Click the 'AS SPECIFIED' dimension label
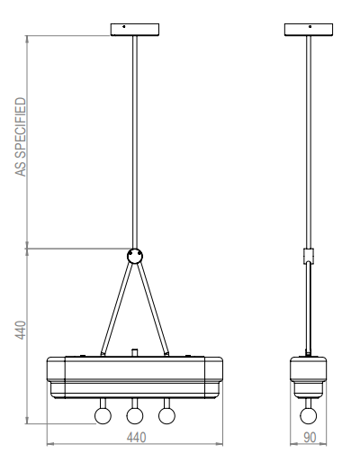coord(21,137)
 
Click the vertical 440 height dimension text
coord(21,331)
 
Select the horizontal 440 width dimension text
coord(136,438)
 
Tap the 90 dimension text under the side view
coord(310,438)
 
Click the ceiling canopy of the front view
coord(135,30)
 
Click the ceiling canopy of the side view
coord(309,30)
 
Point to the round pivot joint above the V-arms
coord(135,256)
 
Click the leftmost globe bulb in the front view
coord(103,416)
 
